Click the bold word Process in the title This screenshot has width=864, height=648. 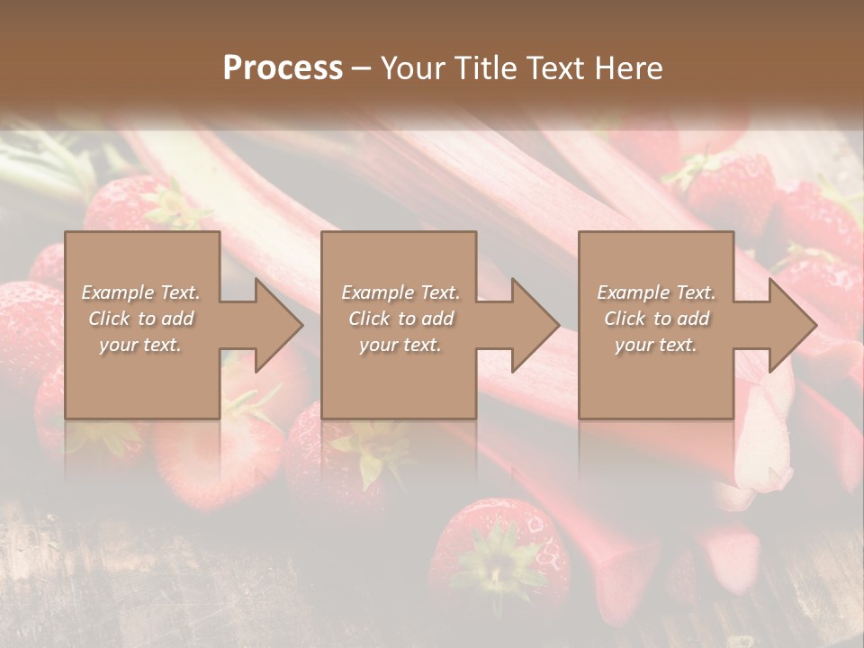pyautogui.click(x=283, y=68)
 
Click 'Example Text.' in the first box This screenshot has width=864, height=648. pyautogui.click(x=141, y=292)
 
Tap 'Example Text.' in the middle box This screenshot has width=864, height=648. pyautogui.click(x=400, y=292)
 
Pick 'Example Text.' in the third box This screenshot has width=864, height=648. pyautogui.click(x=656, y=292)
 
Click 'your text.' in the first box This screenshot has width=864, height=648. pyautogui.click(x=140, y=345)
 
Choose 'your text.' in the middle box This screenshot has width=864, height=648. pyautogui.click(x=400, y=345)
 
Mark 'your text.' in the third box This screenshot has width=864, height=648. pyautogui.click(x=655, y=345)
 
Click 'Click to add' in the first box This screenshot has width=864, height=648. pyautogui.click(x=141, y=319)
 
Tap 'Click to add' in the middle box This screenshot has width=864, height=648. pyautogui.click(x=400, y=319)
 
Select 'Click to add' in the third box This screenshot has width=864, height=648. pyautogui.click(x=656, y=319)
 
